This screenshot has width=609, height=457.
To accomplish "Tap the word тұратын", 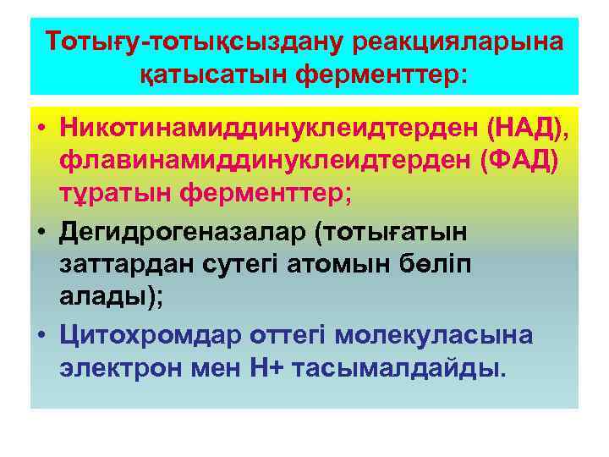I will (116, 194).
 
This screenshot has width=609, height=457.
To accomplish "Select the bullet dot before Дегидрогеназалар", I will (40, 232).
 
